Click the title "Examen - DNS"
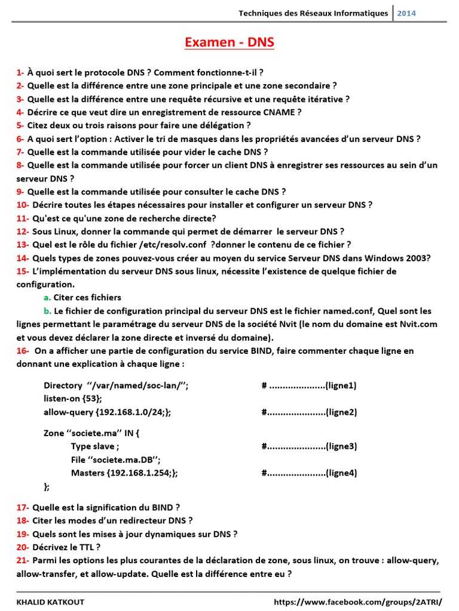coord(229,42)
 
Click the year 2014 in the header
coord(406,13)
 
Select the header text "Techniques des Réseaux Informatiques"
coord(313,13)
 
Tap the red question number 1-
coord(20,73)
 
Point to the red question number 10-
coord(23,205)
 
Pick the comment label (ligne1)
coord(341,385)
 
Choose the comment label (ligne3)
coord(341,446)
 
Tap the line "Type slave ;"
coord(95,446)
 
